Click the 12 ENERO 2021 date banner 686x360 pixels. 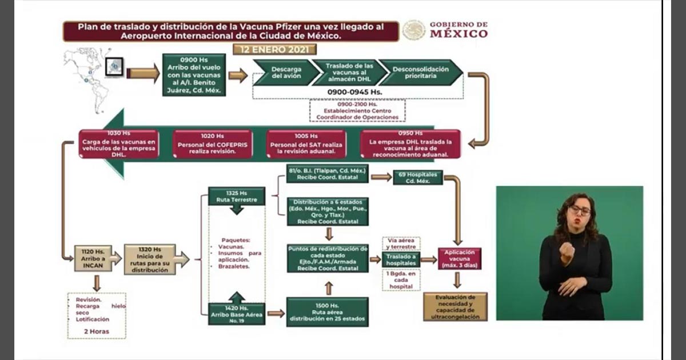pos(274,49)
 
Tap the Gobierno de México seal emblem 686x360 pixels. pos(413,30)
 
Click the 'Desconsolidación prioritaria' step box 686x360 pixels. pos(420,73)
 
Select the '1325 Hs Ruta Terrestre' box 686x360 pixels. pos(236,196)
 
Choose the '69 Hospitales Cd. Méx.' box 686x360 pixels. pos(417,177)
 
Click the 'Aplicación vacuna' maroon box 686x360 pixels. pos(459,258)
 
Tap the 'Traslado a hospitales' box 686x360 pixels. pos(401,259)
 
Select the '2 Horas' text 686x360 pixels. pos(96,331)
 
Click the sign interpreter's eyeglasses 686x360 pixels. pos(580,210)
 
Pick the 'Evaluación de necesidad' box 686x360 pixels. pos(456,306)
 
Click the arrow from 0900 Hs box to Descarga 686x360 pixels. pos(237,75)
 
